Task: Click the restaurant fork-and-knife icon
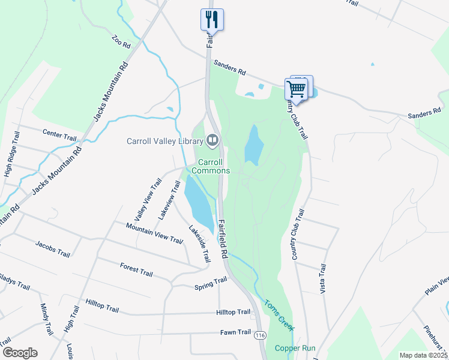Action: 211,19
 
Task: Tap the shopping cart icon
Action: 297,89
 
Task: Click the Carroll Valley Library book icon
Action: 212,141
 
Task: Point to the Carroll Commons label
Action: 210,166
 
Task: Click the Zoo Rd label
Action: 121,42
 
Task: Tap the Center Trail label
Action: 59,134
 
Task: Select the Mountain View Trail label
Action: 154,233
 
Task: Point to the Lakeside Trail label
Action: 200,244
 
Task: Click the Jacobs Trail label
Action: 53,249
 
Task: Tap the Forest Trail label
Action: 136,269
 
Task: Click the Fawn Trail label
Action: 235,332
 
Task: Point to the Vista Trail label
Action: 323,278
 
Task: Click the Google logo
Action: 20,352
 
